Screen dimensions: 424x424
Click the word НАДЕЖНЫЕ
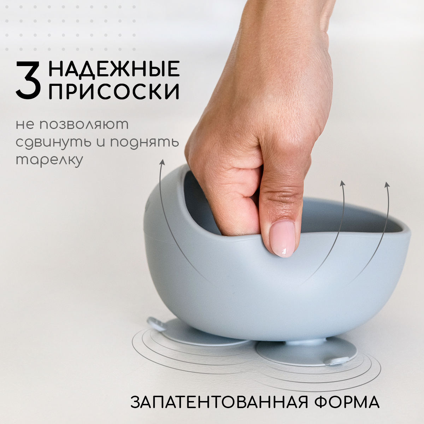click(114, 69)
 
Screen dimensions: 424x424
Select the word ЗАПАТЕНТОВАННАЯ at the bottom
click(219, 402)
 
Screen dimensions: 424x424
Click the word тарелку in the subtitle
click(49, 160)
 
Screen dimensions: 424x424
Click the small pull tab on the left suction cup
click(154, 323)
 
